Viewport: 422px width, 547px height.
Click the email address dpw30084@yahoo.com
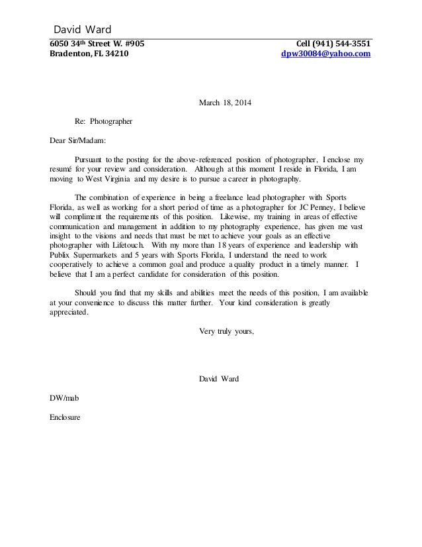pyautogui.click(x=326, y=54)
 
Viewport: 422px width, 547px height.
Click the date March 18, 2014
pyautogui.click(x=225, y=103)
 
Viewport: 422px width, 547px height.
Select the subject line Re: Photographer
pyautogui.click(x=104, y=122)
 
